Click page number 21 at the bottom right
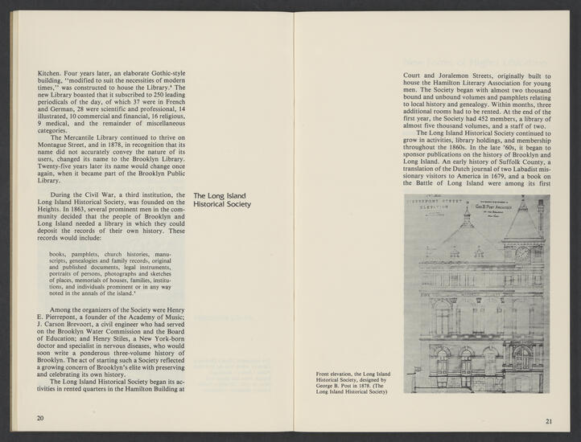click(549, 419)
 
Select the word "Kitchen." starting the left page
click(52, 72)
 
